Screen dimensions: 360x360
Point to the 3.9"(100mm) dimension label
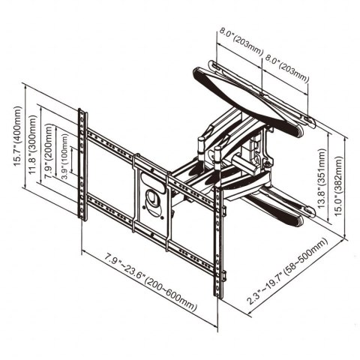point(64,160)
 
